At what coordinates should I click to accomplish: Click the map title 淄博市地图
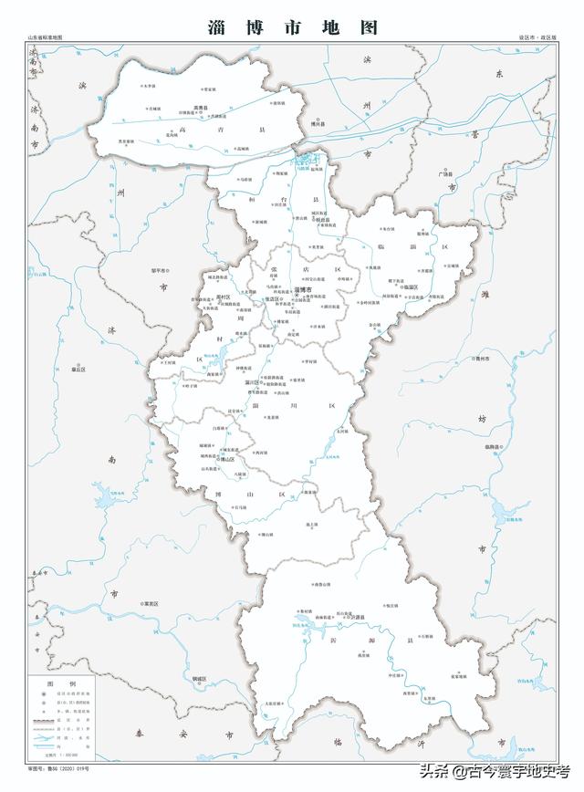(x=292, y=26)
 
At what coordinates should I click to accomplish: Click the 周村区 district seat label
(x=222, y=297)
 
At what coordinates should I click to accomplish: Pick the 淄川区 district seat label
(x=242, y=381)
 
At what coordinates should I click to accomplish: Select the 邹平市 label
(x=152, y=271)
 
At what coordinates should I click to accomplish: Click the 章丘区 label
(x=78, y=370)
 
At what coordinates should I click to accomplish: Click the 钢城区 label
(x=198, y=679)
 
